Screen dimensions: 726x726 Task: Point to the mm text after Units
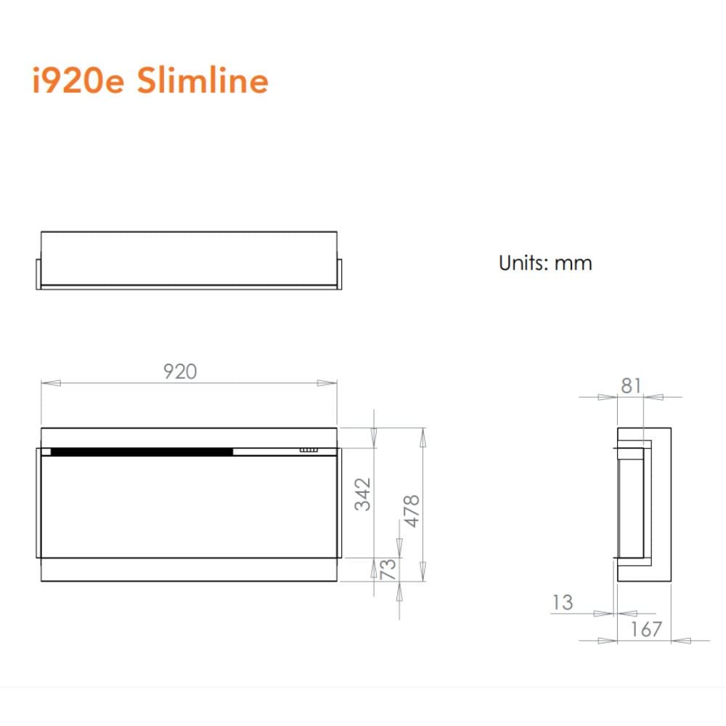click(x=574, y=263)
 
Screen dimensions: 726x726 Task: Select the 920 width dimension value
click(x=179, y=372)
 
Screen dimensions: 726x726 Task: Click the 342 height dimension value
click(x=363, y=494)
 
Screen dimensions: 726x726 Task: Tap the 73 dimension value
click(x=388, y=570)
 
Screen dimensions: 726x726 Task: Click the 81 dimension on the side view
click(x=631, y=386)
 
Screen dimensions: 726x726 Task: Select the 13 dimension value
click(x=562, y=602)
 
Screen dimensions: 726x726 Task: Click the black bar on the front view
click(x=142, y=452)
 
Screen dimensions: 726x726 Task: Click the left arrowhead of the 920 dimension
click(x=48, y=383)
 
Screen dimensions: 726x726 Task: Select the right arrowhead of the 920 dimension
click(x=331, y=383)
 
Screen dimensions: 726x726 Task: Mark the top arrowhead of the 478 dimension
click(x=423, y=433)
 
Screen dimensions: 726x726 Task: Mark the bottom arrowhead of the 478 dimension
click(x=423, y=576)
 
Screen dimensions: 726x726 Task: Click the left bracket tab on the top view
click(x=38, y=273)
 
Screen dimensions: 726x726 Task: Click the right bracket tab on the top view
click(x=339, y=273)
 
